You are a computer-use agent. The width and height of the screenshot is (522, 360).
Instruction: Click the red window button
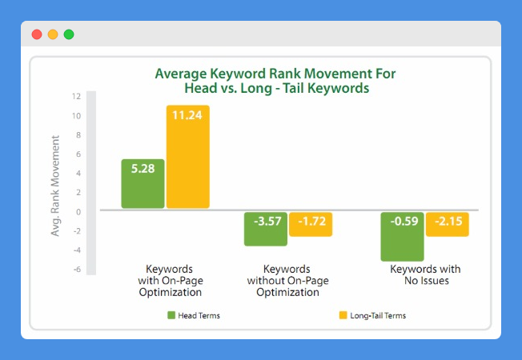[x=37, y=34]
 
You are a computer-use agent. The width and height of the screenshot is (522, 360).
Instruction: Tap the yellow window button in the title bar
[x=53, y=34]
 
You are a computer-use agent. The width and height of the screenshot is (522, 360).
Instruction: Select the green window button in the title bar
[x=69, y=34]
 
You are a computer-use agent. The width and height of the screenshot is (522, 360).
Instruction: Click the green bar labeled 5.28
[x=143, y=184]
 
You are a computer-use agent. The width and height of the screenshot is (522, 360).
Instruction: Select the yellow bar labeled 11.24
[x=188, y=157]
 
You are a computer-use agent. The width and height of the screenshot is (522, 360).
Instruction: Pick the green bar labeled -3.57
[x=266, y=229]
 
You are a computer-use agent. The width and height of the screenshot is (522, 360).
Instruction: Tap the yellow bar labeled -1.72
[x=311, y=224]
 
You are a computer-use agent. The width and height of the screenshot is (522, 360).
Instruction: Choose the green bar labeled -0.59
[x=403, y=237]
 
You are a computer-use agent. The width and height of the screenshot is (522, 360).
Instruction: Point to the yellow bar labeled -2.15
[x=448, y=224]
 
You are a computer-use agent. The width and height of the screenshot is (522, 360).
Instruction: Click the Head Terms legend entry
[x=194, y=315]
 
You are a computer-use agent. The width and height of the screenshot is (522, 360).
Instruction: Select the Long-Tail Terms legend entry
[x=372, y=315]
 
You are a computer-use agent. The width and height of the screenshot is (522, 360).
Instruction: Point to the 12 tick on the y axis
[x=76, y=97]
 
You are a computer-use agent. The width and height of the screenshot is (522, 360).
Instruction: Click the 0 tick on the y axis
[x=78, y=212]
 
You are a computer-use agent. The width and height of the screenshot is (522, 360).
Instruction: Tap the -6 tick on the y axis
[x=77, y=269]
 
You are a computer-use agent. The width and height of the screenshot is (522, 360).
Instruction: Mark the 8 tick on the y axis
[x=78, y=134]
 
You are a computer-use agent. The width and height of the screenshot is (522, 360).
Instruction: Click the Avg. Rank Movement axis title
[x=55, y=186]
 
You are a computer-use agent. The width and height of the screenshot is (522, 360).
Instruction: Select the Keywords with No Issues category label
[x=425, y=274]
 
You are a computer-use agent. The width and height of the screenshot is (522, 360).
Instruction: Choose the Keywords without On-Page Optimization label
[x=287, y=281]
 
